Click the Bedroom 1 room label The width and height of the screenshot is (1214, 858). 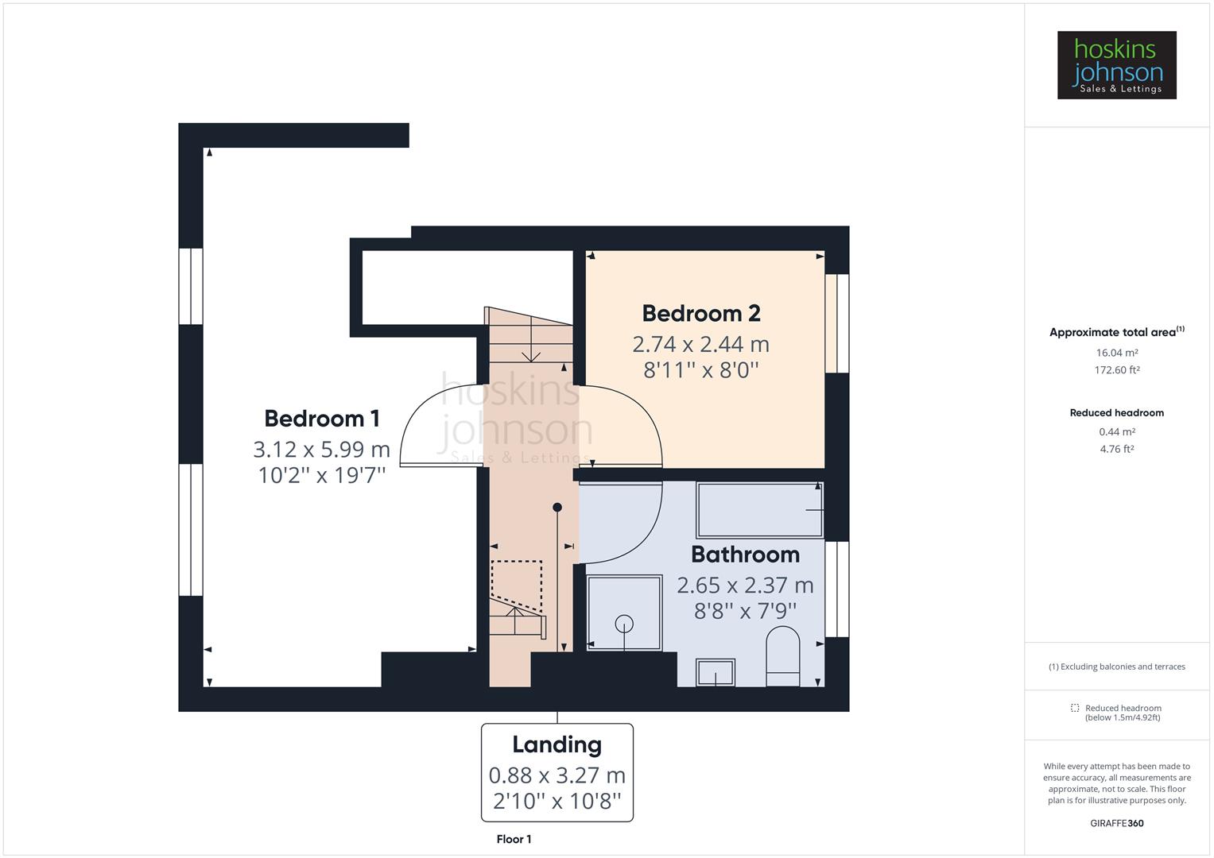click(321, 419)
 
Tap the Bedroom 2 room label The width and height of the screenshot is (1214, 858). click(700, 314)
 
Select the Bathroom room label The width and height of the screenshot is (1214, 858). click(744, 555)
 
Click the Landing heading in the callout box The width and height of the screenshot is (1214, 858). click(557, 744)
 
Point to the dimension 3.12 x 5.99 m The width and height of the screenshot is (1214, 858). click(321, 450)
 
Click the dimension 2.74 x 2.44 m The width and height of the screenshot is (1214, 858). click(700, 345)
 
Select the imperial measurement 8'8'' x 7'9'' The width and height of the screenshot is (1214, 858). click(744, 611)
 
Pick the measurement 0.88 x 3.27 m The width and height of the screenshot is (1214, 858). click(557, 775)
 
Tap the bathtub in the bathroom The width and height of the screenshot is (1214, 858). click(759, 509)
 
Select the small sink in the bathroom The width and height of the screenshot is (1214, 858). click(716, 673)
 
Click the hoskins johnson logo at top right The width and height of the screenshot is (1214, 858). click(1116, 65)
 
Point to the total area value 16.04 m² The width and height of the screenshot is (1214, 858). click(1116, 353)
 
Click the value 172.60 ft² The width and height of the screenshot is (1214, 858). click(1116, 370)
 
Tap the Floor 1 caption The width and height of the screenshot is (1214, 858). click(514, 840)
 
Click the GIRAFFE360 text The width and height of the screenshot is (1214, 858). click(1116, 823)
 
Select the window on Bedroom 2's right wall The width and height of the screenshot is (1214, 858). click(836, 323)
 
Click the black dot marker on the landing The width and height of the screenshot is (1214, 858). click(557, 508)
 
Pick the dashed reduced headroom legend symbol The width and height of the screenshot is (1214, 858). click(1075, 708)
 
